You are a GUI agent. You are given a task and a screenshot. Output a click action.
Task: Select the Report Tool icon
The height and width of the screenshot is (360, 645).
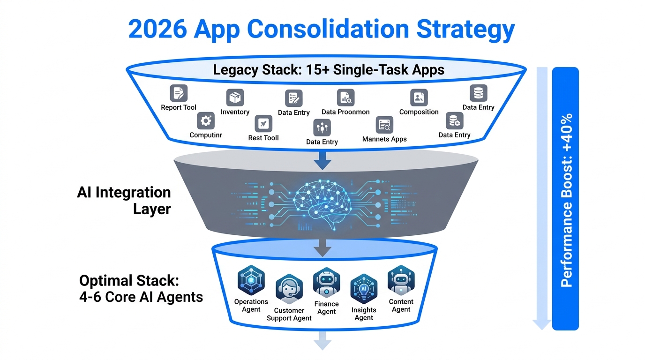pos(179,93)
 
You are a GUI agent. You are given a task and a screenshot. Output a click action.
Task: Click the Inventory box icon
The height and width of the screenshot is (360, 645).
pos(235,98)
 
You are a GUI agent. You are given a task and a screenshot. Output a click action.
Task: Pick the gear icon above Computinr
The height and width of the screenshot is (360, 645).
pos(205,121)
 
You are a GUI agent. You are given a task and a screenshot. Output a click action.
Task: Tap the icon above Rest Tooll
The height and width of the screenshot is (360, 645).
pos(263,124)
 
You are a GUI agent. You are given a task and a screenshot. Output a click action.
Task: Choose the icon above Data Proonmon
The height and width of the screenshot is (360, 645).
pos(345,97)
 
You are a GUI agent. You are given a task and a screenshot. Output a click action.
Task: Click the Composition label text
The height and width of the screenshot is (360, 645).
pos(419,112)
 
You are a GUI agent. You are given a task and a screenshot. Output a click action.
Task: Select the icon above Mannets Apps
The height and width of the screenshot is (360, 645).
pos(384,125)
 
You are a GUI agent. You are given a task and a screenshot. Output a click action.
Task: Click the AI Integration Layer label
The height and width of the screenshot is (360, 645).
pos(124,200)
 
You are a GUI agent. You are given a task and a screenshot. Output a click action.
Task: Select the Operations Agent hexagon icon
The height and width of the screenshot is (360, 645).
pos(251,280)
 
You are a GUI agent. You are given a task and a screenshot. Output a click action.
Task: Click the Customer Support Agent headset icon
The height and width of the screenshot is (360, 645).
pos(289,289)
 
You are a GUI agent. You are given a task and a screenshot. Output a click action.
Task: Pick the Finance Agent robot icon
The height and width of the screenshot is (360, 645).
pos(326,283)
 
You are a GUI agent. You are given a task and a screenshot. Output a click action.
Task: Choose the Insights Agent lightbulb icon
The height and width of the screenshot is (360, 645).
pos(364,289)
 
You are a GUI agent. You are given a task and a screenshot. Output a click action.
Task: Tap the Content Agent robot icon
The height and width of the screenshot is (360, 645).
pos(401,280)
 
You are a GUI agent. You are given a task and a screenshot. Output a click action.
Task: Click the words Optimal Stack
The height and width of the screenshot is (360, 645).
pos(129,281)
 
